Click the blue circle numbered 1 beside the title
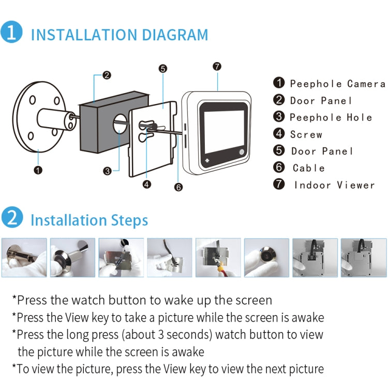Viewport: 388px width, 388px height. click(11, 32)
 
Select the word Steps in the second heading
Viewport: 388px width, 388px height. click(129, 220)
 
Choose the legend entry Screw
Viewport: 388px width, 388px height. click(306, 135)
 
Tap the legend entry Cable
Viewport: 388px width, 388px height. click(309, 168)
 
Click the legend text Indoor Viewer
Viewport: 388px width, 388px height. click(334, 185)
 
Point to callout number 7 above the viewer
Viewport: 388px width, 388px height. click(217, 66)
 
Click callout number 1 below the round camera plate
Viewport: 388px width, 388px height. click(38, 169)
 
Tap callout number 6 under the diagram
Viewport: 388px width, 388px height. click(178, 187)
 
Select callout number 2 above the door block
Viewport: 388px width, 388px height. click(107, 75)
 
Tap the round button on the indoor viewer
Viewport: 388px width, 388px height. click(242, 152)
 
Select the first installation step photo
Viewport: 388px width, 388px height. click(24, 258)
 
